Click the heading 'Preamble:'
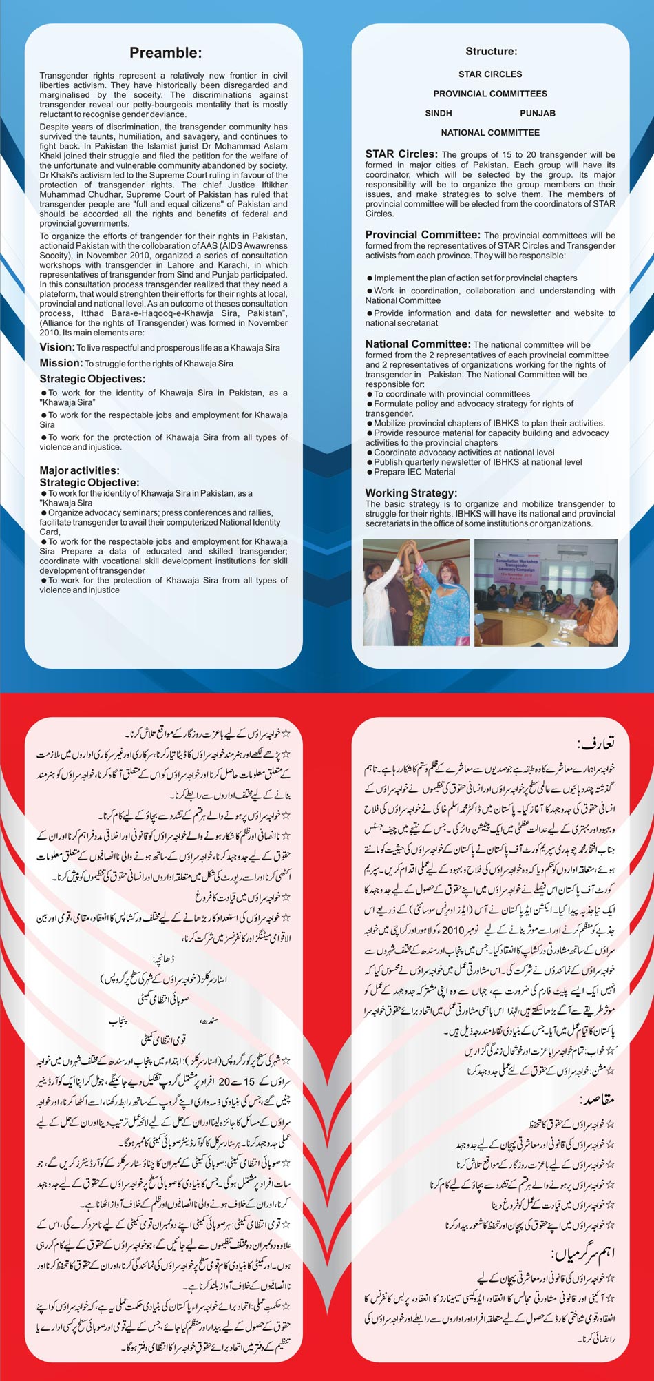point(165,53)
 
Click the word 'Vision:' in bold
point(56,347)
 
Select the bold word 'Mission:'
point(61,363)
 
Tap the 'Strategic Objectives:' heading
point(92,379)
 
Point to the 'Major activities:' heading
point(79,470)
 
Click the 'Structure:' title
point(491,51)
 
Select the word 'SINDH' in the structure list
point(439,113)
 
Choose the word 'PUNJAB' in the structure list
point(538,113)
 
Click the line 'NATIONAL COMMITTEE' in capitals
point(490,132)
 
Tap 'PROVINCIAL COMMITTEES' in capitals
point(490,94)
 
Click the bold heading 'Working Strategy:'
point(411,493)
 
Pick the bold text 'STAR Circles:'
point(401,154)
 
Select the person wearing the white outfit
point(382,599)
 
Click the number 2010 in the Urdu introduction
point(453,931)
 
